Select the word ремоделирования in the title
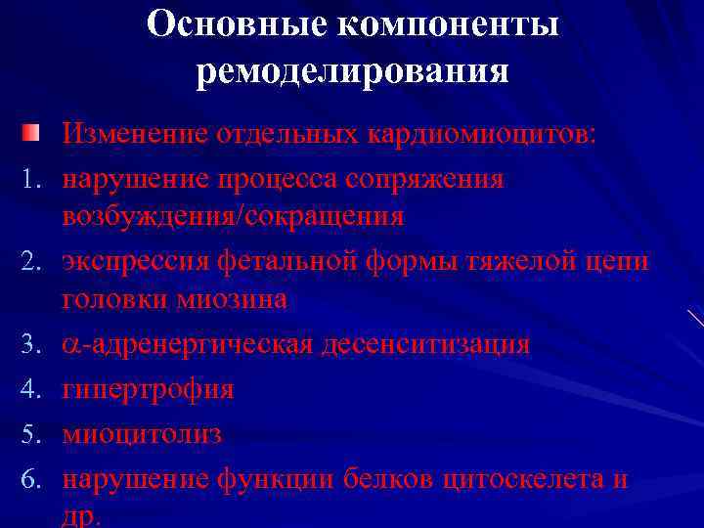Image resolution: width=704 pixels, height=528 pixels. click(x=352, y=72)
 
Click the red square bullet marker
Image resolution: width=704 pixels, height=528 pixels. click(x=32, y=132)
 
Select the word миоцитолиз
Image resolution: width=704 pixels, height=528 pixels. click(x=142, y=434)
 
